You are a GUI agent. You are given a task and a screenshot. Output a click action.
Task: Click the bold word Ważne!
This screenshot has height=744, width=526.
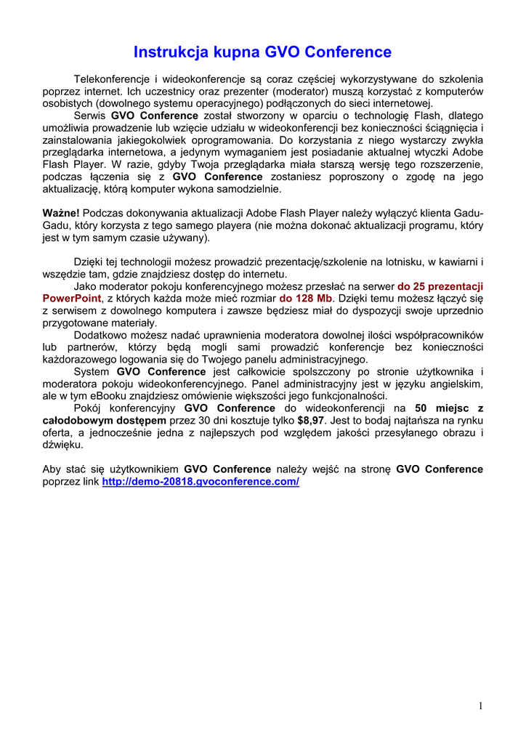point(61,213)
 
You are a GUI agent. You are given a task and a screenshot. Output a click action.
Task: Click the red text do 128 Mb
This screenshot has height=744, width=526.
point(305,298)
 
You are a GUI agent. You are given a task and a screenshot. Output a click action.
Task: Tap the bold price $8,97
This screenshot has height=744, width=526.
point(310,420)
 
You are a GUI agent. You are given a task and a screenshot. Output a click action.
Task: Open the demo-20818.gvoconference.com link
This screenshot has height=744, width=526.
point(201,482)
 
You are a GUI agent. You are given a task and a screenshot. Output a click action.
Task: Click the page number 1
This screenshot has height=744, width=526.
point(481,705)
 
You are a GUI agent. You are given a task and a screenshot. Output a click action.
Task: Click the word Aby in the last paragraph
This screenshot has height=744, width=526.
point(52,469)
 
